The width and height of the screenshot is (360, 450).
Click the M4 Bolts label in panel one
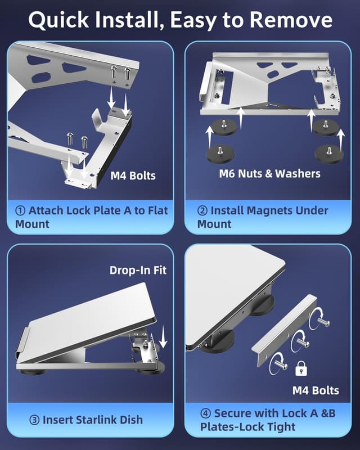(x=133, y=176)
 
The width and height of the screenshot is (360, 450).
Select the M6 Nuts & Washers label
(x=270, y=173)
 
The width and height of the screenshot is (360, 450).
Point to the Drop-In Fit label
(x=138, y=270)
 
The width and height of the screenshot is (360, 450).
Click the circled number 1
(x=21, y=211)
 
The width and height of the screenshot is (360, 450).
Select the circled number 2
(x=202, y=211)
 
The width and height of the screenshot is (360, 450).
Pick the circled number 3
(x=34, y=420)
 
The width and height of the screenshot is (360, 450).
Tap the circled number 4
(x=206, y=413)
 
